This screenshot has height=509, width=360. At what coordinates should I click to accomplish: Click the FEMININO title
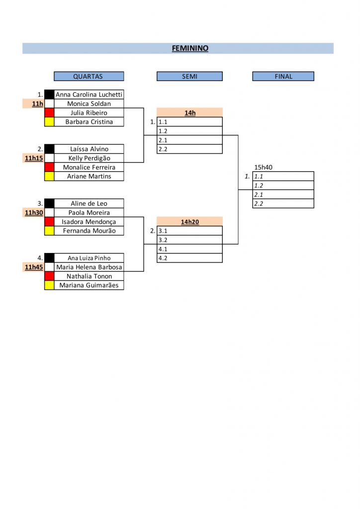click(190, 48)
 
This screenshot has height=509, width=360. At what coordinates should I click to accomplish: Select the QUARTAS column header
click(89, 76)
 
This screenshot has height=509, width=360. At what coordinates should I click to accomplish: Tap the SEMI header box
click(189, 76)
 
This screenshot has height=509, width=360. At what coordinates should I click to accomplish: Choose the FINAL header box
click(283, 76)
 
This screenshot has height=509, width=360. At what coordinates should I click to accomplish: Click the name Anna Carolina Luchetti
click(89, 94)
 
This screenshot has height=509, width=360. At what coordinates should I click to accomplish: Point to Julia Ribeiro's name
click(89, 113)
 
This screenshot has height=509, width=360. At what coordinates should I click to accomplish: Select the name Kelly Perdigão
click(90, 158)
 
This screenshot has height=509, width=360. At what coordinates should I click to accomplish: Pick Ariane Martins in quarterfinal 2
click(89, 176)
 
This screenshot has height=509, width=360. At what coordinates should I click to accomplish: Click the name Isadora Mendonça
click(89, 222)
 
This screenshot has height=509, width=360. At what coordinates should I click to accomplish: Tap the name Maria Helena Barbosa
click(89, 267)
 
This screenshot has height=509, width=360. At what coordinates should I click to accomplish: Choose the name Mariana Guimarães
click(89, 285)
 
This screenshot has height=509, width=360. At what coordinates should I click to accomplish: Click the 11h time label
click(37, 104)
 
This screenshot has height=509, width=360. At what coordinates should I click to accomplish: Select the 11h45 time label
click(34, 267)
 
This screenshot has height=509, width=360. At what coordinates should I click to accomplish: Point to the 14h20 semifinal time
click(190, 222)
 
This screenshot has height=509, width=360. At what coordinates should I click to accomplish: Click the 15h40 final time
click(263, 167)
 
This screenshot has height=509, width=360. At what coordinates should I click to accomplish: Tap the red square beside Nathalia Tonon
click(49, 276)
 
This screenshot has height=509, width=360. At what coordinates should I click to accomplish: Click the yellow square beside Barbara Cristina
click(49, 122)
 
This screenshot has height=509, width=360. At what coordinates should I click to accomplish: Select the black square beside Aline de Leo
click(49, 203)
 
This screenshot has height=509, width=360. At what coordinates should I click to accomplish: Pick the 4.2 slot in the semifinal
click(189, 258)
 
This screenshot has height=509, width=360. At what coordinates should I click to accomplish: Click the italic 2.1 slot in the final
click(283, 194)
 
